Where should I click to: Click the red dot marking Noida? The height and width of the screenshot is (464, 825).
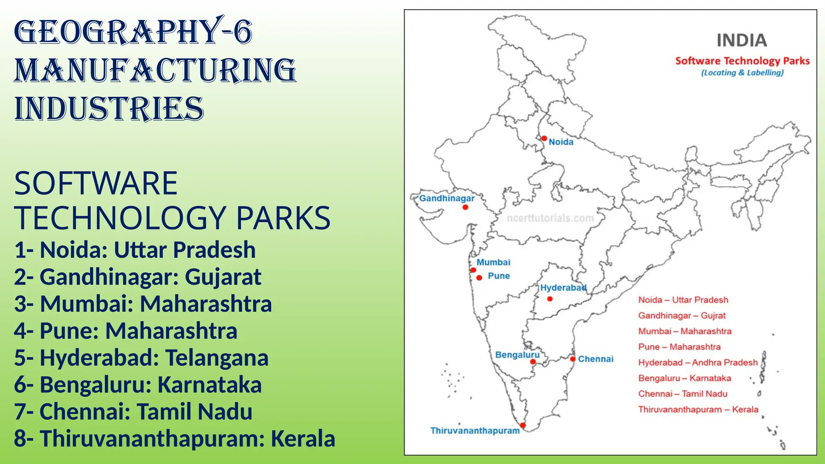click(x=544, y=139)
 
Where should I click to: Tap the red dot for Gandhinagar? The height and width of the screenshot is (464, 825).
click(x=465, y=207)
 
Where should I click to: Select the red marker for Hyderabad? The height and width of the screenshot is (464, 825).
click(x=550, y=299)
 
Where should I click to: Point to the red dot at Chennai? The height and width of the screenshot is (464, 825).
click(x=572, y=359)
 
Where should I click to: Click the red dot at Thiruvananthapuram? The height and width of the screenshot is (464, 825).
click(x=523, y=425)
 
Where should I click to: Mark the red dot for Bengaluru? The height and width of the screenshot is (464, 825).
click(x=533, y=362)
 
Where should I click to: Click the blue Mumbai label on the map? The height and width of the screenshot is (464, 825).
click(x=493, y=262)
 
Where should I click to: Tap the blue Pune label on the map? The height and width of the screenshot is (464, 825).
click(x=499, y=276)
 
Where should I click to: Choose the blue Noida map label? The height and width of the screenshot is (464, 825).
click(x=561, y=142)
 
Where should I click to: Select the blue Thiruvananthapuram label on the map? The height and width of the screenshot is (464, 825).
click(x=475, y=431)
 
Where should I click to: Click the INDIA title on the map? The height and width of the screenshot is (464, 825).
click(x=742, y=40)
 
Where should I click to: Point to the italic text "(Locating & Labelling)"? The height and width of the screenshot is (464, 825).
click(x=742, y=73)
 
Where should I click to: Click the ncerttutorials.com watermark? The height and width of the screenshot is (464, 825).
click(x=550, y=218)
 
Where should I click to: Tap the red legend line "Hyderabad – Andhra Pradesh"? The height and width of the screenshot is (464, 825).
click(x=698, y=362)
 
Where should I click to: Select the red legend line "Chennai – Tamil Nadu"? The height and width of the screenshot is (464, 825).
click(x=682, y=394)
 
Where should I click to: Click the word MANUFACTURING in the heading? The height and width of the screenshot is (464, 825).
click(x=155, y=70)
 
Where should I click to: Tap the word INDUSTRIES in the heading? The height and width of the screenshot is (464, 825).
click(x=109, y=109)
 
